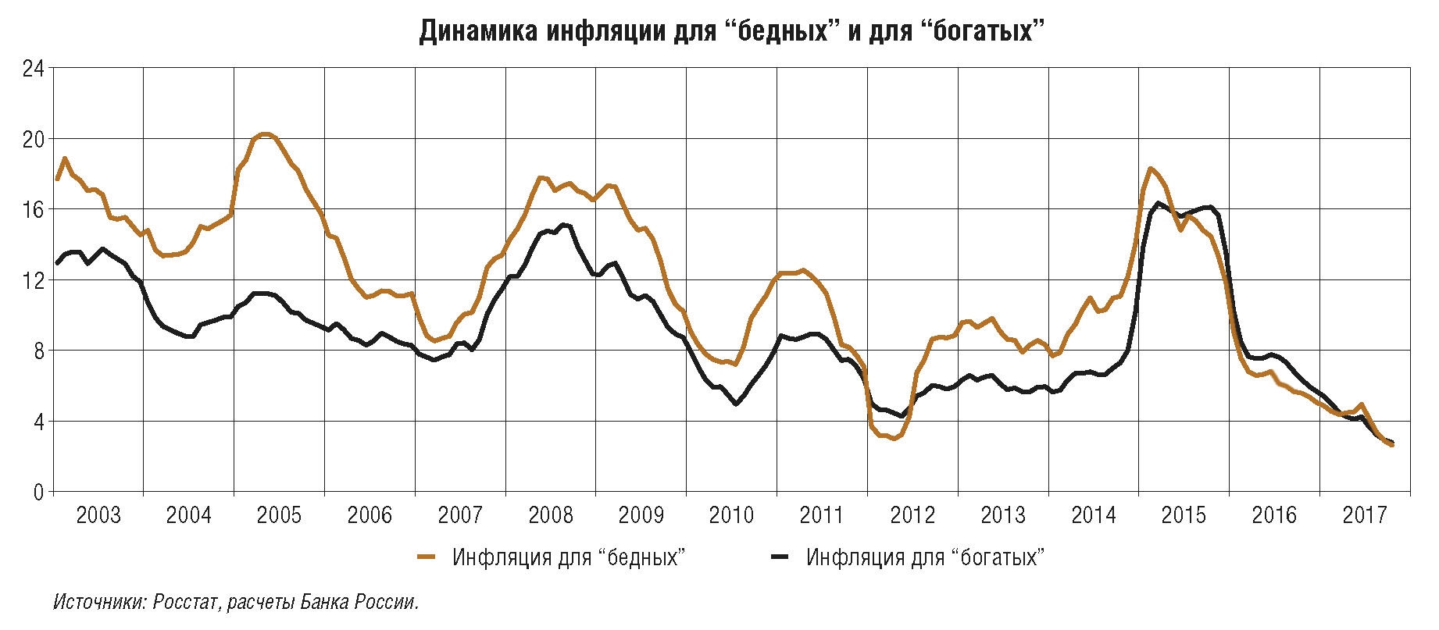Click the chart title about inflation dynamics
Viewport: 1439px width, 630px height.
pyautogui.click(x=732, y=31)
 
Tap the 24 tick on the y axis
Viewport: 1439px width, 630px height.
pyautogui.click(x=33, y=69)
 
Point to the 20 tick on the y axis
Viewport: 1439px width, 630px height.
pyautogui.click(x=33, y=140)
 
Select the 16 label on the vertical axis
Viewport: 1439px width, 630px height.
pyautogui.click(x=33, y=210)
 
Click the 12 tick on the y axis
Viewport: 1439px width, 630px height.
pyautogui.click(x=33, y=280)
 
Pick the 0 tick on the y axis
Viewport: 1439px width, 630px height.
pyautogui.click(x=38, y=492)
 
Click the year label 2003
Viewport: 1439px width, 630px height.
pyautogui.click(x=98, y=515)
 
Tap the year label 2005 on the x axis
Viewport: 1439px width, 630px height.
pyautogui.click(x=279, y=515)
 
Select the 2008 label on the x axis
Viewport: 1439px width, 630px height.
pyautogui.click(x=550, y=515)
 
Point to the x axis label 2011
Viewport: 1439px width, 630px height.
pyautogui.click(x=822, y=515)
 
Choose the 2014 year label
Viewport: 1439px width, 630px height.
pyautogui.click(x=1093, y=515)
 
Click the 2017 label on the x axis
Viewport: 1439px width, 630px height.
pyautogui.click(x=1364, y=515)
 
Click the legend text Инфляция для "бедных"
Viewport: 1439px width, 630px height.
pyautogui.click(x=569, y=557)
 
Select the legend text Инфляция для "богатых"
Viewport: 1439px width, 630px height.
pyautogui.click(x=926, y=557)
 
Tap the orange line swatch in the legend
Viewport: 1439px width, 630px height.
pyautogui.click(x=426, y=557)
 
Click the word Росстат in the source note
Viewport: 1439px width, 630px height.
pyautogui.click(x=186, y=603)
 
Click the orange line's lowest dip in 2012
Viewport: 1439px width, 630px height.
pyautogui.click(x=894, y=439)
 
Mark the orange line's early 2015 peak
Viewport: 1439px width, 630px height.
pyautogui.click(x=1151, y=168)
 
